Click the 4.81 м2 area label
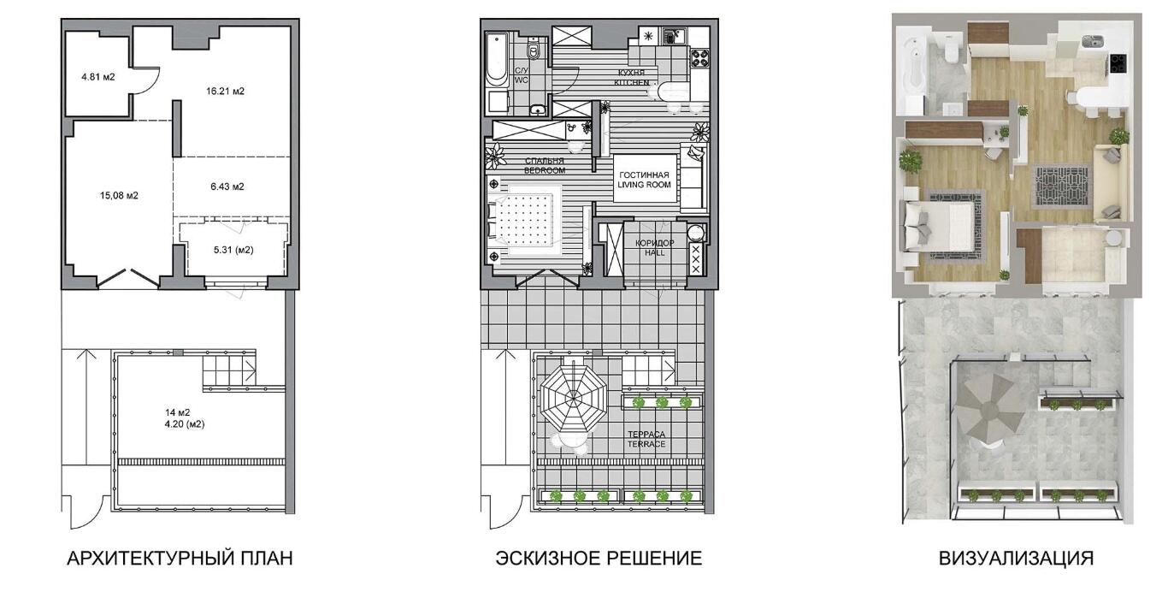click(x=98, y=77)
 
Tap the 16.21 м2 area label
click(x=225, y=92)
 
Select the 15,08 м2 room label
click(x=119, y=196)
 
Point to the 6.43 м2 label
click(x=227, y=186)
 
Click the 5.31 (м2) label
click(x=233, y=250)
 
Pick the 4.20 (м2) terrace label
click(x=185, y=424)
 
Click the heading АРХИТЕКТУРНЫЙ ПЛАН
click(x=180, y=558)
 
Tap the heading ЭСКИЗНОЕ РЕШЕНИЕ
click(x=599, y=558)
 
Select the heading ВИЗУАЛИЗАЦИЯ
click(x=1017, y=558)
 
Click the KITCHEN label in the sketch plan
click(x=631, y=82)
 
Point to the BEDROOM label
click(x=545, y=170)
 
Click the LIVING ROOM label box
click(x=645, y=179)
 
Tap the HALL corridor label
click(x=655, y=253)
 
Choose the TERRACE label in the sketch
click(x=646, y=444)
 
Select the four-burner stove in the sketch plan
click(x=699, y=57)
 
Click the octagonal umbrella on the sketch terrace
click(x=573, y=399)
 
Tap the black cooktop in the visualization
click(x=1118, y=63)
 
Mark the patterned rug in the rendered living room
click(x=1061, y=187)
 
